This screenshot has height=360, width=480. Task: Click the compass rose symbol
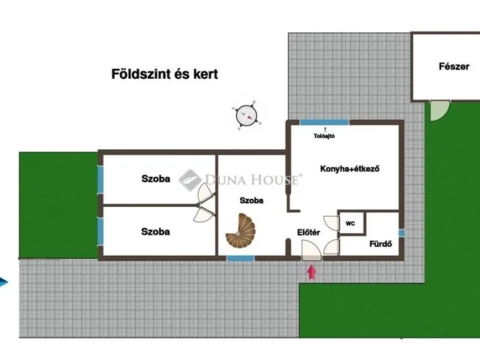[246, 115]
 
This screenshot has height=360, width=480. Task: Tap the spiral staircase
[241, 230]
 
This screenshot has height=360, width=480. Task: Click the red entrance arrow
[312, 271]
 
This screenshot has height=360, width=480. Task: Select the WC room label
[350, 223]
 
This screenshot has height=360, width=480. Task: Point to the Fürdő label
[380, 244]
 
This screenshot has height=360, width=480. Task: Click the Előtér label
[308, 232]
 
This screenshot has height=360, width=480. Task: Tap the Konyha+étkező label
[350, 169]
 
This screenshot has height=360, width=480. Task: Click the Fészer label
[454, 67]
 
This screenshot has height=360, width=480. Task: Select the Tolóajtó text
[324, 136]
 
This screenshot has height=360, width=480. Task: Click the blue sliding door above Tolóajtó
[325, 122]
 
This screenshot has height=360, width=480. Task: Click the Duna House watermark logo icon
[190, 180]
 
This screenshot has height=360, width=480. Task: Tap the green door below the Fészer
[439, 110]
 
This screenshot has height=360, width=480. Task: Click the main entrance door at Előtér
[312, 250]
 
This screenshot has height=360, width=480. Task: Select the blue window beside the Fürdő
[402, 233]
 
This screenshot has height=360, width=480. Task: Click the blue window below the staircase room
[241, 258]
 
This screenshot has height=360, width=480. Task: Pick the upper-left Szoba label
[155, 178]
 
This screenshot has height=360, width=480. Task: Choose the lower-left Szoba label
[155, 232]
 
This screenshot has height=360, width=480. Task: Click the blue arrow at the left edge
[4, 282]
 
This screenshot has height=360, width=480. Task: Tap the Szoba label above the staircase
[251, 200]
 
